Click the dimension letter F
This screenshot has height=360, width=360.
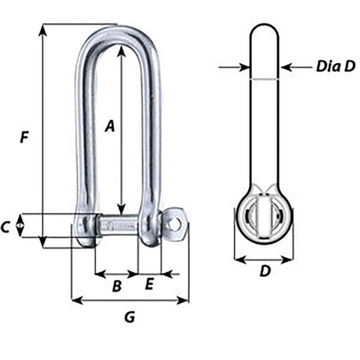[x=25, y=137]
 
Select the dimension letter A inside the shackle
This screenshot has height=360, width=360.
[x=109, y=127]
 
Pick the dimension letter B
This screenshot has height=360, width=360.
[x=116, y=286]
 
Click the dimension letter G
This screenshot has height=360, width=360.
[x=129, y=317]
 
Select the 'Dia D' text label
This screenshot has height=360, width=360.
[x=335, y=67]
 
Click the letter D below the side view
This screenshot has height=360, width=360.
[x=264, y=272]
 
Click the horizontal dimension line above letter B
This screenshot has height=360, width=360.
[x=116, y=274]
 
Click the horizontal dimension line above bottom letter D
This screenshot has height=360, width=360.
[x=264, y=260]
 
